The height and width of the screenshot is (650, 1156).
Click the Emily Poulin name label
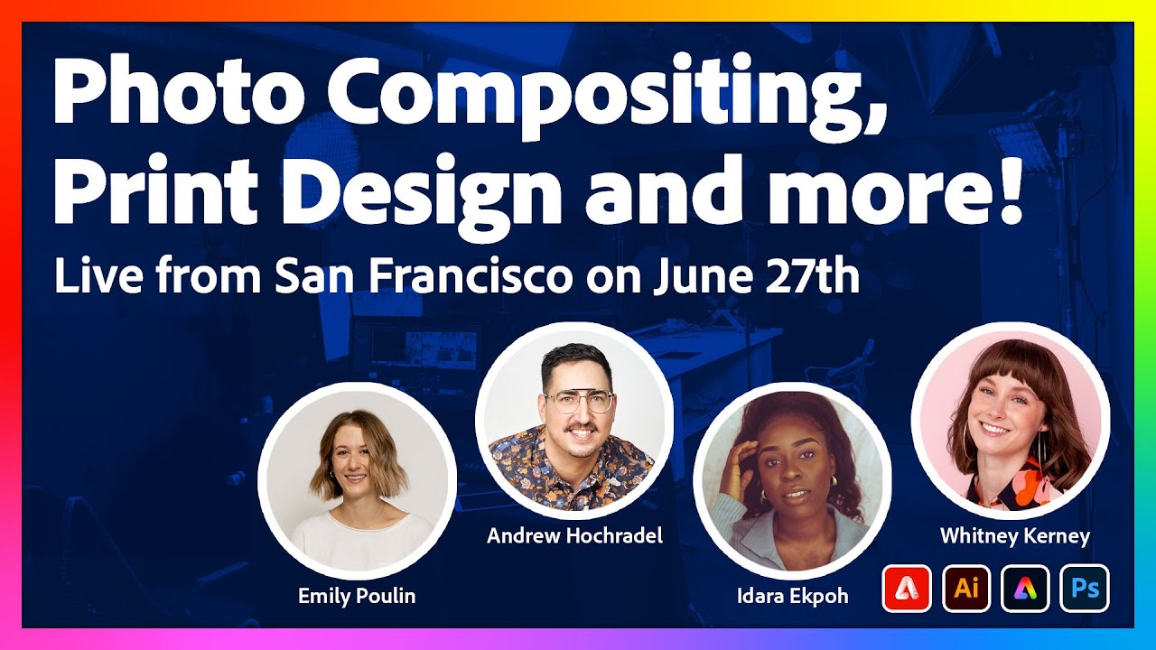(357, 596)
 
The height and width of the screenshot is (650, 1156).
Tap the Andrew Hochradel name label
(574, 536)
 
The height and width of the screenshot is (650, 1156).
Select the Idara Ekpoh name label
(792, 596)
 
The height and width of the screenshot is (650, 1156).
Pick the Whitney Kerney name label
(1014, 536)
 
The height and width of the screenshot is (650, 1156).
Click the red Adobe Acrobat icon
(906, 589)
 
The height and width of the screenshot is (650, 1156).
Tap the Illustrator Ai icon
(966, 589)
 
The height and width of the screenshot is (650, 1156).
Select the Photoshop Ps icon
(1086, 589)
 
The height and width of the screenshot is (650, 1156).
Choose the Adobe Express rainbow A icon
(1026, 589)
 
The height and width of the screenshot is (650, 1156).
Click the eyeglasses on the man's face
(579, 400)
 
